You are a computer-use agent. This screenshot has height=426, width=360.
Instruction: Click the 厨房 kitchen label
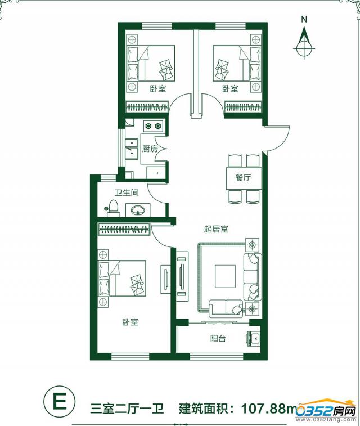pos(150,149)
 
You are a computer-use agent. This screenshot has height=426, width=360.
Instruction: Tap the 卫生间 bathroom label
pos(127,192)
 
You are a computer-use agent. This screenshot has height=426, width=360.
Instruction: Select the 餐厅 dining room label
pos(243,178)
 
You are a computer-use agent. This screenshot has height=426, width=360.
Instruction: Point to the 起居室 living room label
pos(216,229)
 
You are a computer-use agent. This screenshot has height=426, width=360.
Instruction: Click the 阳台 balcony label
pos(218,339)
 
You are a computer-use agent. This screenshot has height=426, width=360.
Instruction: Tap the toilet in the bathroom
pos(112,209)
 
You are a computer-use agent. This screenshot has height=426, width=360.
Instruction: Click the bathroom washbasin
pos(138,210)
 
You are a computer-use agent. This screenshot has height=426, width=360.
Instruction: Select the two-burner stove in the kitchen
pos(153,126)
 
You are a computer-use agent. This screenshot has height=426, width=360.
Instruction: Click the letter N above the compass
pos(304,19)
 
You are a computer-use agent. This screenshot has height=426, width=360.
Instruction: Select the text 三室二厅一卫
pos(127,408)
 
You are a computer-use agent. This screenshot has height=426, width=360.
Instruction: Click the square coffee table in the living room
pos(226,276)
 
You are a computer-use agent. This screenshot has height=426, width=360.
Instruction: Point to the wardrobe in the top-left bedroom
pos(147,107)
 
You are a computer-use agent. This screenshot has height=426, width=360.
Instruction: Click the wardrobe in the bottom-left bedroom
pos(124,229)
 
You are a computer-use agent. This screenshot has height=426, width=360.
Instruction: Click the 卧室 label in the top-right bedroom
pos(230,88)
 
